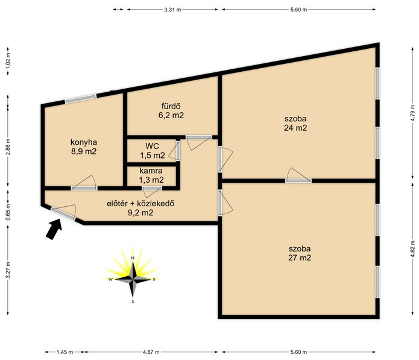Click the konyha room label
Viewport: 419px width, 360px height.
click(x=84, y=147)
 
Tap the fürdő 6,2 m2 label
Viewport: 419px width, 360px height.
click(x=171, y=110)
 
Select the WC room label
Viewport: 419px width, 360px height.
click(x=153, y=151)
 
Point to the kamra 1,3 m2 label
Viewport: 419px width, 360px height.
click(x=151, y=175)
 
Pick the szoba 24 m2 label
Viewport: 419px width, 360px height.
click(x=295, y=123)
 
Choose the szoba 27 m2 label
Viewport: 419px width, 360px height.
click(x=300, y=253)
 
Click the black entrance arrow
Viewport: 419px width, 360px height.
click(x=54, y=229)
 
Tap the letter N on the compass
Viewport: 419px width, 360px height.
click(x=132, y=258)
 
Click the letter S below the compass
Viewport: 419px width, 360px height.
click(x=133, y=302)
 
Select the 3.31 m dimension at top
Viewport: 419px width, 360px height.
click(x=172, y=10)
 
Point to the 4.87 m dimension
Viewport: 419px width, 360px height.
click(x=151, y=352)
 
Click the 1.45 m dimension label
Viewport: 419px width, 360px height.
click(x=65, y=352)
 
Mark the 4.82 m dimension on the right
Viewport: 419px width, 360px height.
click(x=414, y=248)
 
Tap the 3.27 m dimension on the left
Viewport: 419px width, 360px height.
click(x=8, y=270)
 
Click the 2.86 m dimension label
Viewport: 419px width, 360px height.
click(x=8, y=147)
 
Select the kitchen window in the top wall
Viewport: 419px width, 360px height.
click(x=81, y=98)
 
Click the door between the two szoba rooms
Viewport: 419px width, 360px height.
click(x=298, y=181)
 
